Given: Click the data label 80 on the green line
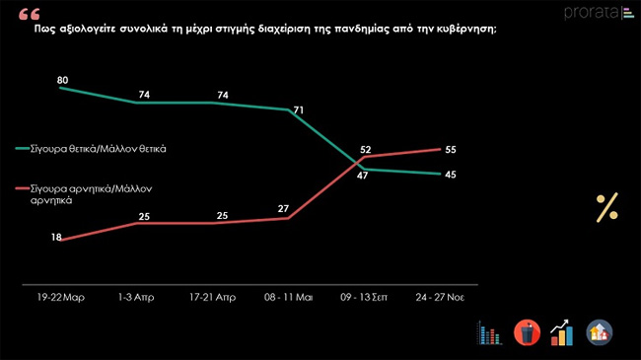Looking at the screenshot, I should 62,79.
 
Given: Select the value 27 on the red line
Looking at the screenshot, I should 283,209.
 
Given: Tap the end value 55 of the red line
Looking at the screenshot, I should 452,149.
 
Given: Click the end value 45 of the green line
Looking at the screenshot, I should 452,175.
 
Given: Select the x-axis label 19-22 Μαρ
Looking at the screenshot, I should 61,296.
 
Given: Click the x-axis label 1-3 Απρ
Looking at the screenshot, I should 137,296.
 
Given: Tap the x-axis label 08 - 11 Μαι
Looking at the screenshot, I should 288,296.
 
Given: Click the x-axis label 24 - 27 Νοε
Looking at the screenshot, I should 440,296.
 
